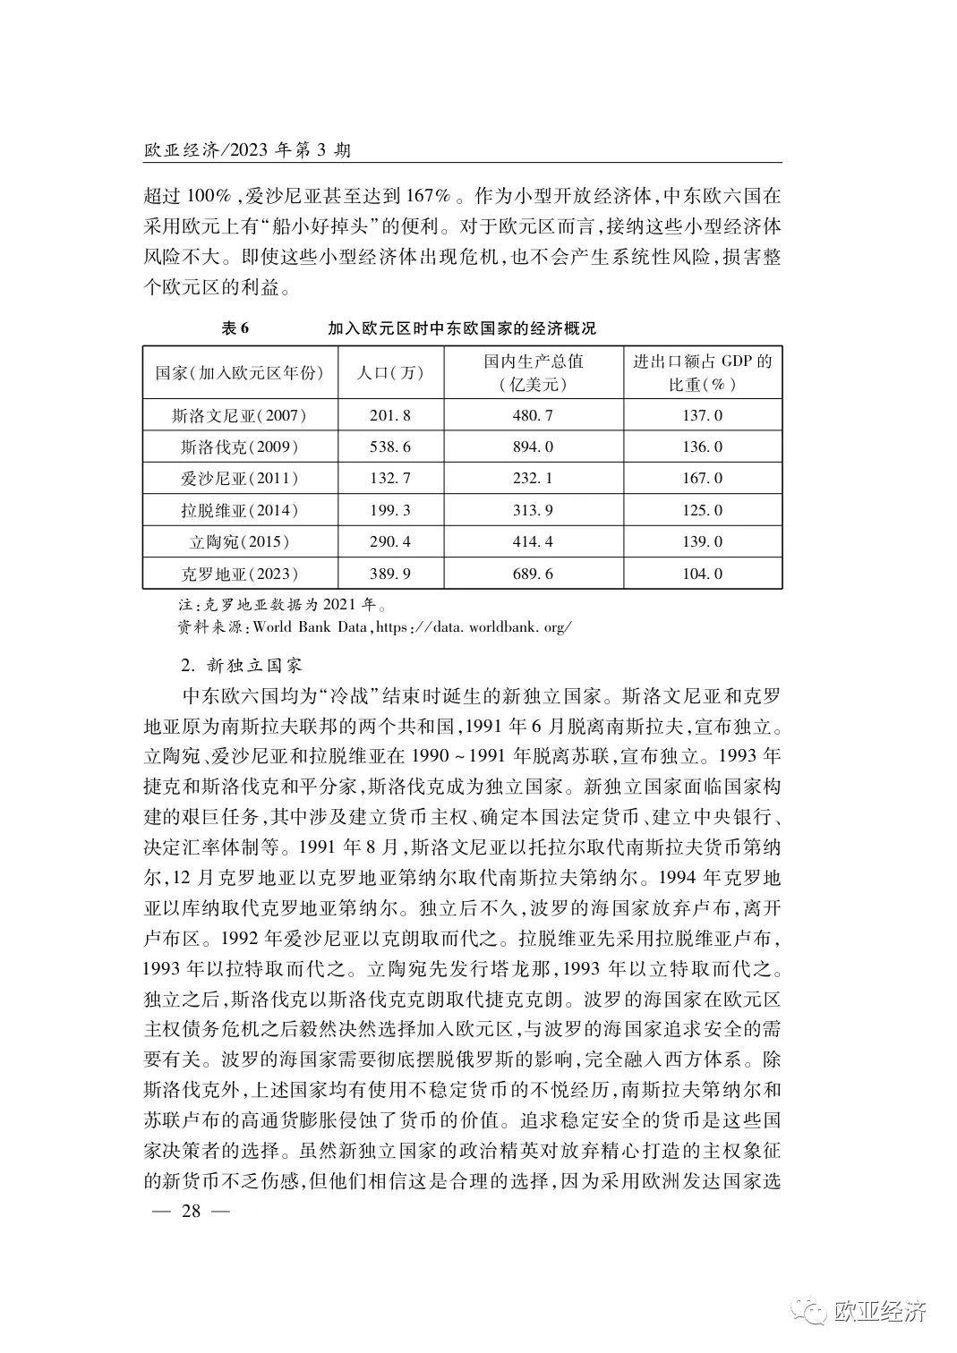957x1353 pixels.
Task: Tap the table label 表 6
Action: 235,328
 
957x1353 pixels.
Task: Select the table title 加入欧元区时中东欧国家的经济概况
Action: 461,328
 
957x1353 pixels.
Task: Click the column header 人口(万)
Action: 389,372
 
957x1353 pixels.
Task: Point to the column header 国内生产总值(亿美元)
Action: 534,372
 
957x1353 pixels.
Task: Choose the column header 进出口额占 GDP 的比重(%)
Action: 702,372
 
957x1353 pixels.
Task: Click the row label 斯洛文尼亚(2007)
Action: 239,415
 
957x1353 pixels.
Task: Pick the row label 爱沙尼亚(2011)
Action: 239,479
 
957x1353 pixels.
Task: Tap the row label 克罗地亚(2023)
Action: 239,574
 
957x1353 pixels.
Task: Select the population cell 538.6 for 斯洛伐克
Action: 389,447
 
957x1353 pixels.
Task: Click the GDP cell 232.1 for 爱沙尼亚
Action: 534,479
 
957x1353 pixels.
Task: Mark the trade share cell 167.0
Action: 702,479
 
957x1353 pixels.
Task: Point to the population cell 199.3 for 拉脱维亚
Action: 389,510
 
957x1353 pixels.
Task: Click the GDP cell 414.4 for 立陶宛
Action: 534,541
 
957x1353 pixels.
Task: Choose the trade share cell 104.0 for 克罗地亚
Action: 702,574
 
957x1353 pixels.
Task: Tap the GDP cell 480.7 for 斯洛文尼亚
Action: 534,415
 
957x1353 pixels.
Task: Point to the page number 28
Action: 193,1212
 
